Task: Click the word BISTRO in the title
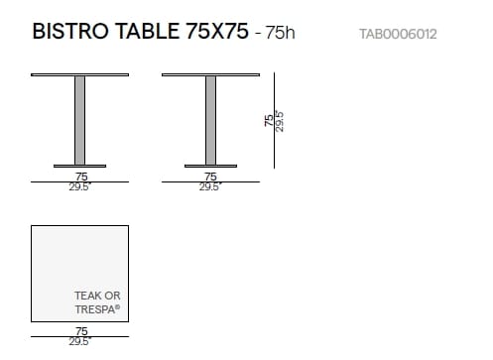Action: [x=70, y=31]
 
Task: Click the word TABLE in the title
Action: [x=148, y=31]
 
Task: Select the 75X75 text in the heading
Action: [x=217, y=31]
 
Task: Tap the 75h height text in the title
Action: [x=280, y=33]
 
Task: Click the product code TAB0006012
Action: [x=398, y=34]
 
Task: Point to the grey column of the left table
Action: [x=79, y=120]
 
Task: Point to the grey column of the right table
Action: [x=210, y=120]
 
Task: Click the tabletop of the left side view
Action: [x=79, y=75]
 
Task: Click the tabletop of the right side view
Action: [x=210, y=75]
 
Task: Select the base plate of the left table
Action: [x=79, y=166]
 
